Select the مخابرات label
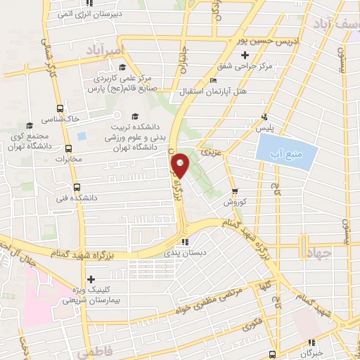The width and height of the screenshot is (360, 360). click(89, 158)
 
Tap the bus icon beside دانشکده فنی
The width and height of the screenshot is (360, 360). click(77, 187)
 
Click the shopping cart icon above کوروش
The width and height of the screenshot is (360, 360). click(235, 190)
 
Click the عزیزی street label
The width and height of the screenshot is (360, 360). click(210, 151)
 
